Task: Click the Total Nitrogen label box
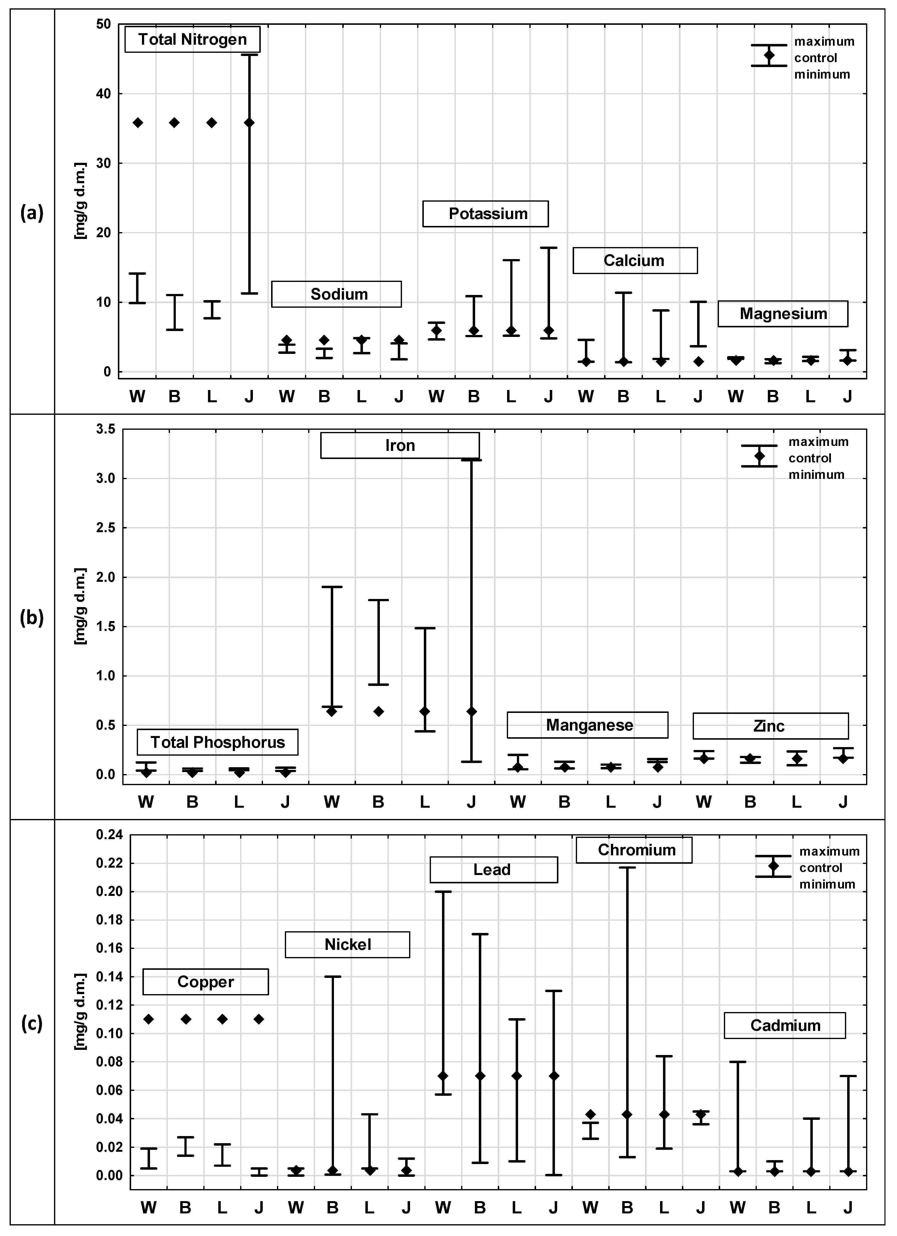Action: pos(192,39)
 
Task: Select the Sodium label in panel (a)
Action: pos(337,294)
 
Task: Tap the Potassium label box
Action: pos(485,214)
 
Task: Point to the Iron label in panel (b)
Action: pos(400,445)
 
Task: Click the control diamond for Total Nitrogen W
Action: pos(138,123)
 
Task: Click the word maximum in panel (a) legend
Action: pos(824,42)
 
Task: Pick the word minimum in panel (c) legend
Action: pos(827,884)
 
